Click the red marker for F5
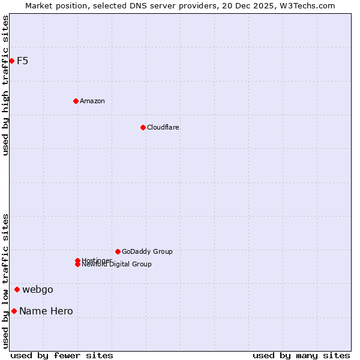point(11,61)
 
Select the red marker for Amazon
point(76,101)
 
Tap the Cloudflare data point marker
point(143,127)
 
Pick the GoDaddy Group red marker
point(118,251)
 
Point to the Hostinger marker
point(77,260)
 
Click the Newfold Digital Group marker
point(77,265)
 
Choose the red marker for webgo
point(17,290)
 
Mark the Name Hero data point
point(14,311)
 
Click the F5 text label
point(23,61)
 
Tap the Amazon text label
point(92,101)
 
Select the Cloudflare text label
point(163,127)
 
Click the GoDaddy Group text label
point(147,251)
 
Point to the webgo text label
point(38,290)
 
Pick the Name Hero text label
point(46,311)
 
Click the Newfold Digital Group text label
point(117,265)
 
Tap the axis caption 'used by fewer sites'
point(62,355)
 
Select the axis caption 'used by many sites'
point(301,355)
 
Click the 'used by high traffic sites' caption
point(5,85)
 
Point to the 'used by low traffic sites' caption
point(5,281)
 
